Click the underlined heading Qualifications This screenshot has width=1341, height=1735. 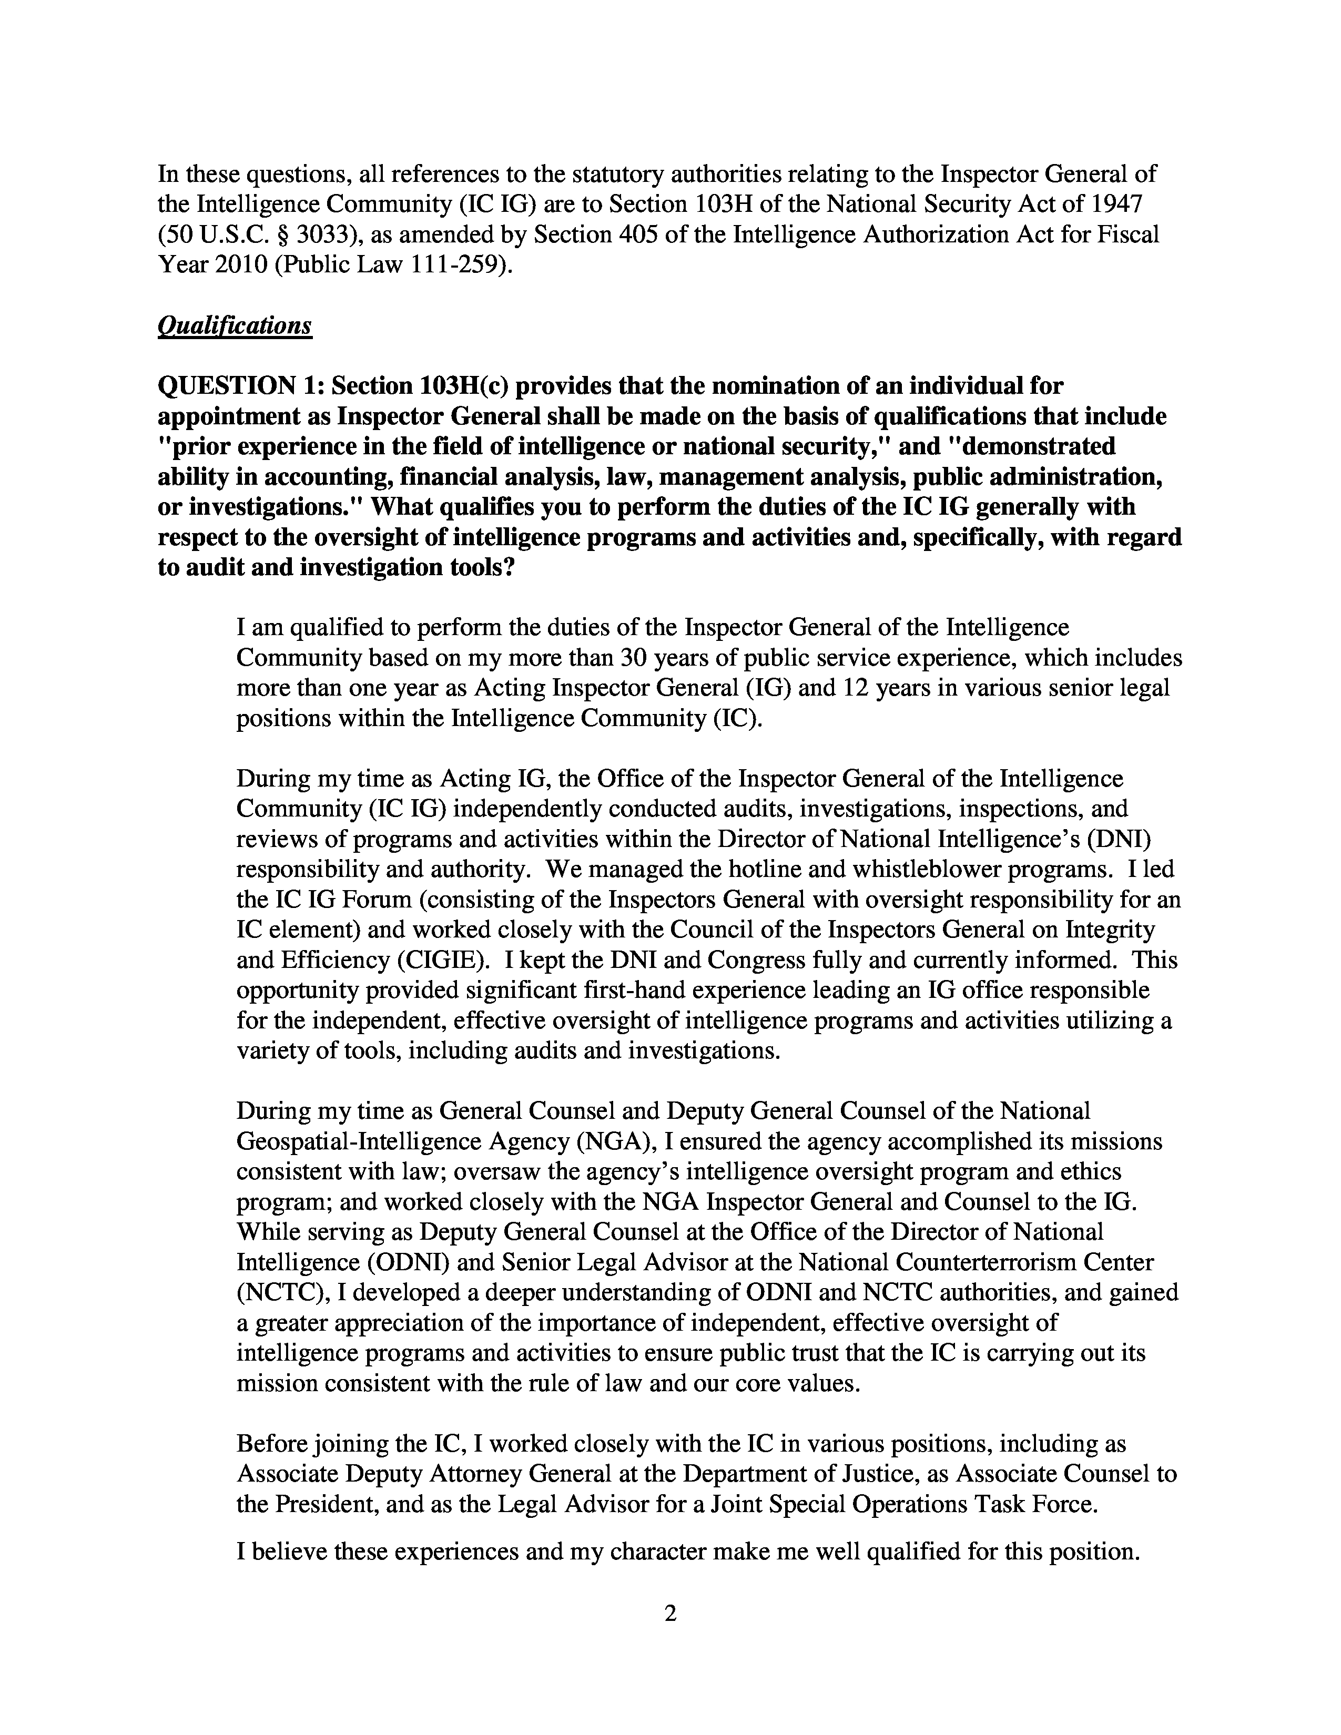pyautogui.click(x=235, y=326)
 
